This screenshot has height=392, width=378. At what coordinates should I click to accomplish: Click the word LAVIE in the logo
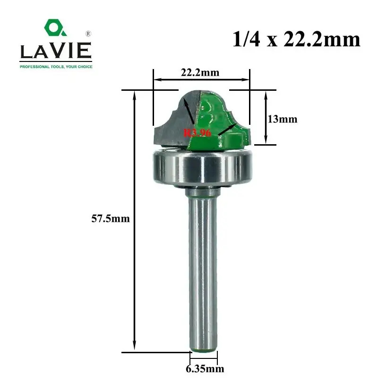pyautogui.click(x=56, y=51)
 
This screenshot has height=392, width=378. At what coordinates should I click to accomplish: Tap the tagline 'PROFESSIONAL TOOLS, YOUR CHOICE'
pyautogui.click(x=56, y=67)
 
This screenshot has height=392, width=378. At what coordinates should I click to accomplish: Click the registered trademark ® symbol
pyautogui.click(x=88, y=34)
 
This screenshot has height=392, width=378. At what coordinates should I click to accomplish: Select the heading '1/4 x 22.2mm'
pyautogui.click(x=296, y=40)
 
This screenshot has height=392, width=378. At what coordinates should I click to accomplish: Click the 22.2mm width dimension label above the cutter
pyautogui.click(x=200, y=72)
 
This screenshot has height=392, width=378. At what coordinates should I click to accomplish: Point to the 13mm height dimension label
pyautogui.click(x=283, y=119)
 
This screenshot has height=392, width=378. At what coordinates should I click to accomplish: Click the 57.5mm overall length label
pyautogui.click(x=111, y=219)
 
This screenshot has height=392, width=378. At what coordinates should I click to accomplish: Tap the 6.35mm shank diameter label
pyautogui.click(x=205, y=369)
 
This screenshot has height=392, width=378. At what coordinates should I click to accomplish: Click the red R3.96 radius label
pyautogui.click(x=198, y=132)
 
